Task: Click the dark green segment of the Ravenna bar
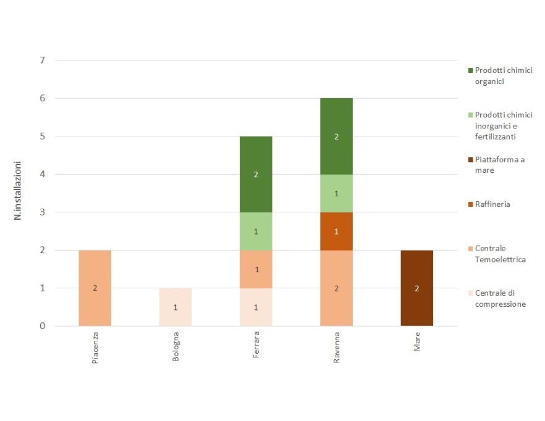point(336,136)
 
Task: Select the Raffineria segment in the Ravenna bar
point(336,231)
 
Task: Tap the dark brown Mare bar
point(416,288)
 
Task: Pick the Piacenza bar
point(95,288)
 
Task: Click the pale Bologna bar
point(175,307)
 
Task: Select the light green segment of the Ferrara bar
point(256,231)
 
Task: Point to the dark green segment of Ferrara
point(256,174)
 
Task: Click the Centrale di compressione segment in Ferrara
point(256,307)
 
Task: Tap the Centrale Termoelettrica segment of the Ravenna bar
point(336,288)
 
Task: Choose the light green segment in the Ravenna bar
point(336,193)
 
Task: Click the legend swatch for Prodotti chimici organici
point(470,71)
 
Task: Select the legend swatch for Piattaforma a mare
point(470,160)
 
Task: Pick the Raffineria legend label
point(492,204)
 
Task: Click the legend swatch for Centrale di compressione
point(470,293)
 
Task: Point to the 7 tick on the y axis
point(42,60)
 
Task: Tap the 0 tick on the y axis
point(42,326)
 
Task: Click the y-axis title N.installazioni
point(19,191)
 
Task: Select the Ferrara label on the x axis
point(256,343)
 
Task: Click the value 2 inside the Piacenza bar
point(95,288)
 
